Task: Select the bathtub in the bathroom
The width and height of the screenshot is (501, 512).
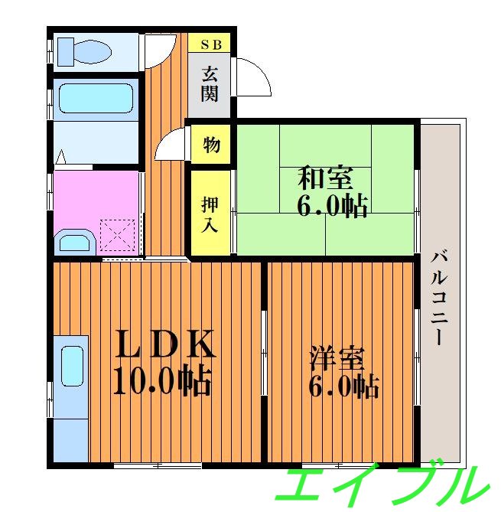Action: (x=96, y=99)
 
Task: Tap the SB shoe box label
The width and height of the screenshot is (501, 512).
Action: (x=210, y=44)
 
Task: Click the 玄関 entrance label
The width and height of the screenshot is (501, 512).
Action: (x=210, y=83)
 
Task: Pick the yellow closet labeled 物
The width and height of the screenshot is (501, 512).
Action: (x=211, y=143)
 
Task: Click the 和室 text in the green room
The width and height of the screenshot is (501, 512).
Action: (x=325, y=178)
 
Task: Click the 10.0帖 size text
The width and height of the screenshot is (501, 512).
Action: (x=162, y=380)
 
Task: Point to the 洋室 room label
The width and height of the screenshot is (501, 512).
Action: (x=337, y=359)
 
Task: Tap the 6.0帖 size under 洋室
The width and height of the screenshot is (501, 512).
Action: (x=343, y=387)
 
